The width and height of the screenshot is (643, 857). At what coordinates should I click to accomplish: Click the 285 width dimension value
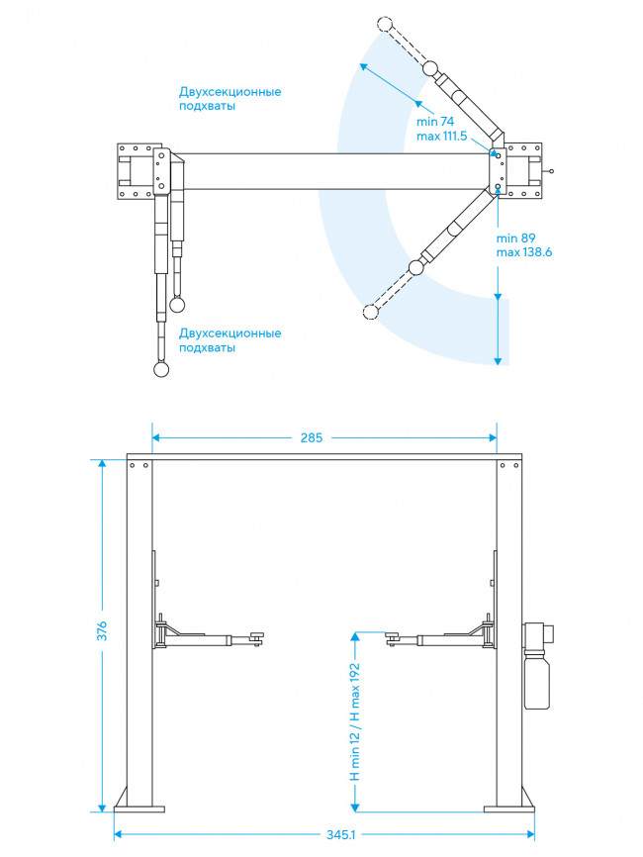(x=312, y=437)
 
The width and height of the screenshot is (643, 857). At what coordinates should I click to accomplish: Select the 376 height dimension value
(x=102, y=630)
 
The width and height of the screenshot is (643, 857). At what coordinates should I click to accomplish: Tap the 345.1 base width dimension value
(x=341, y=834)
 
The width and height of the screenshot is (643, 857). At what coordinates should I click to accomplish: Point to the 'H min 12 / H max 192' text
(x=355, y=721)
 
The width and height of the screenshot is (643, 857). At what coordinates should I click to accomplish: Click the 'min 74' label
(x=435, y=122)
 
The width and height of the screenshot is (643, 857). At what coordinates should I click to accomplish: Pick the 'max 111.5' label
(x=441, y=137)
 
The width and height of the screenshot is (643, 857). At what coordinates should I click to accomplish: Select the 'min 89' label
(x=515, y=238)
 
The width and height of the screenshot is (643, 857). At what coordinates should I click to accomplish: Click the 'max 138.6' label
(x=524, y=252)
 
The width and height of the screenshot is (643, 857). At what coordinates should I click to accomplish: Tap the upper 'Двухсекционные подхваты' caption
(x=230, y=98)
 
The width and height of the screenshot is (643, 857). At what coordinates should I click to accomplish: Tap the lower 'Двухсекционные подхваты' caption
(x=230, y=340)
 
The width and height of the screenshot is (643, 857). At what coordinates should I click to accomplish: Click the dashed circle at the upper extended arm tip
(x=385, y=24)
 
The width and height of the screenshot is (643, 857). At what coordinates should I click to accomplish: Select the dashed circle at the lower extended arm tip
(x=370, y=312)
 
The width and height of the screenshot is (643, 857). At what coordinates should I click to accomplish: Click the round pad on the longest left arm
(x=161, y=369)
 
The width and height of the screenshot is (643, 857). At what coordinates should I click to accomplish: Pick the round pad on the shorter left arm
(x=177, y=305)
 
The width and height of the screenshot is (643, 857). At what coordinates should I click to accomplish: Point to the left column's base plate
(x=139, y=809)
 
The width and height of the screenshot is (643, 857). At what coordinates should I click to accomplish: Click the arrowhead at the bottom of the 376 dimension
(x=102, y=808)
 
